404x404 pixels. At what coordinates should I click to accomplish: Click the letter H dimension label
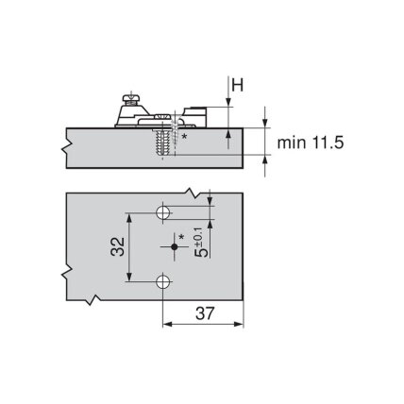(x=238, y=85)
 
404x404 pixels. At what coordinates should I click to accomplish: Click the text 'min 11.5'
(x=311, y=143)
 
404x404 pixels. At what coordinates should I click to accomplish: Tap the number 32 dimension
(x=118, y=246)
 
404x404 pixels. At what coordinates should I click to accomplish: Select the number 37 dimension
(x=205, y=313)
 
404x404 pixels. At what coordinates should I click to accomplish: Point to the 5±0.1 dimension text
(x=202, y=243)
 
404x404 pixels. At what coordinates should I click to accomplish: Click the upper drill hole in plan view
(x=163, y=213)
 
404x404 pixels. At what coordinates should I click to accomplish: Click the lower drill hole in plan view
(x=163, y=281)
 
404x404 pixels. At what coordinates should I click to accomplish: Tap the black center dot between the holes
(x=174, y=247)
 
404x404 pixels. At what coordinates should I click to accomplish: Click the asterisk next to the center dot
(x=181, y=237)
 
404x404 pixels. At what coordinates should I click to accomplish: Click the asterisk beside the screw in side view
(x=185, y=136)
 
